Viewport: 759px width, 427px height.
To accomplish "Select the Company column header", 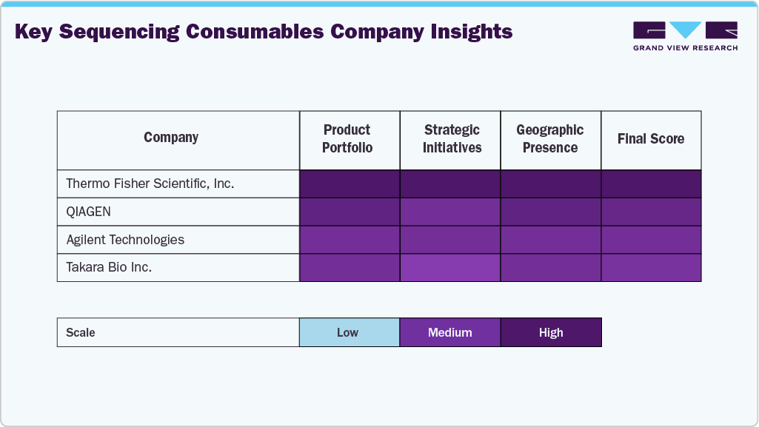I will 171,138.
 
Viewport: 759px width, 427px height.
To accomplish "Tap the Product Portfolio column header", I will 347,139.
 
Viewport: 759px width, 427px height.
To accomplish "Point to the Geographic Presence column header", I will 550,139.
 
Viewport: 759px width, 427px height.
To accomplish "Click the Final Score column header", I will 651,139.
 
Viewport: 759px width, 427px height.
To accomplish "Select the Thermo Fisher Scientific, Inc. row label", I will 150,184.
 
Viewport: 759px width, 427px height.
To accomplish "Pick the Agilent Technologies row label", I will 125,240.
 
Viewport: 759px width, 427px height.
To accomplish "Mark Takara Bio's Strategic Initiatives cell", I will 450,267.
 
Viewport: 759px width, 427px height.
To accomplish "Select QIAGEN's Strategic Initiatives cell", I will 450,212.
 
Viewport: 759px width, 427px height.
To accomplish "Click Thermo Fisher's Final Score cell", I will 651,184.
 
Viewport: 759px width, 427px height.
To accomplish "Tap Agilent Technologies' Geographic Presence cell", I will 550,240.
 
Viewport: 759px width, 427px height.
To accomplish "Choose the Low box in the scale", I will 349,332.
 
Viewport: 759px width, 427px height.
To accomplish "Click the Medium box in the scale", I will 450,332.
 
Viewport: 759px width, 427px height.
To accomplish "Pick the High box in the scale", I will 551,332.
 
